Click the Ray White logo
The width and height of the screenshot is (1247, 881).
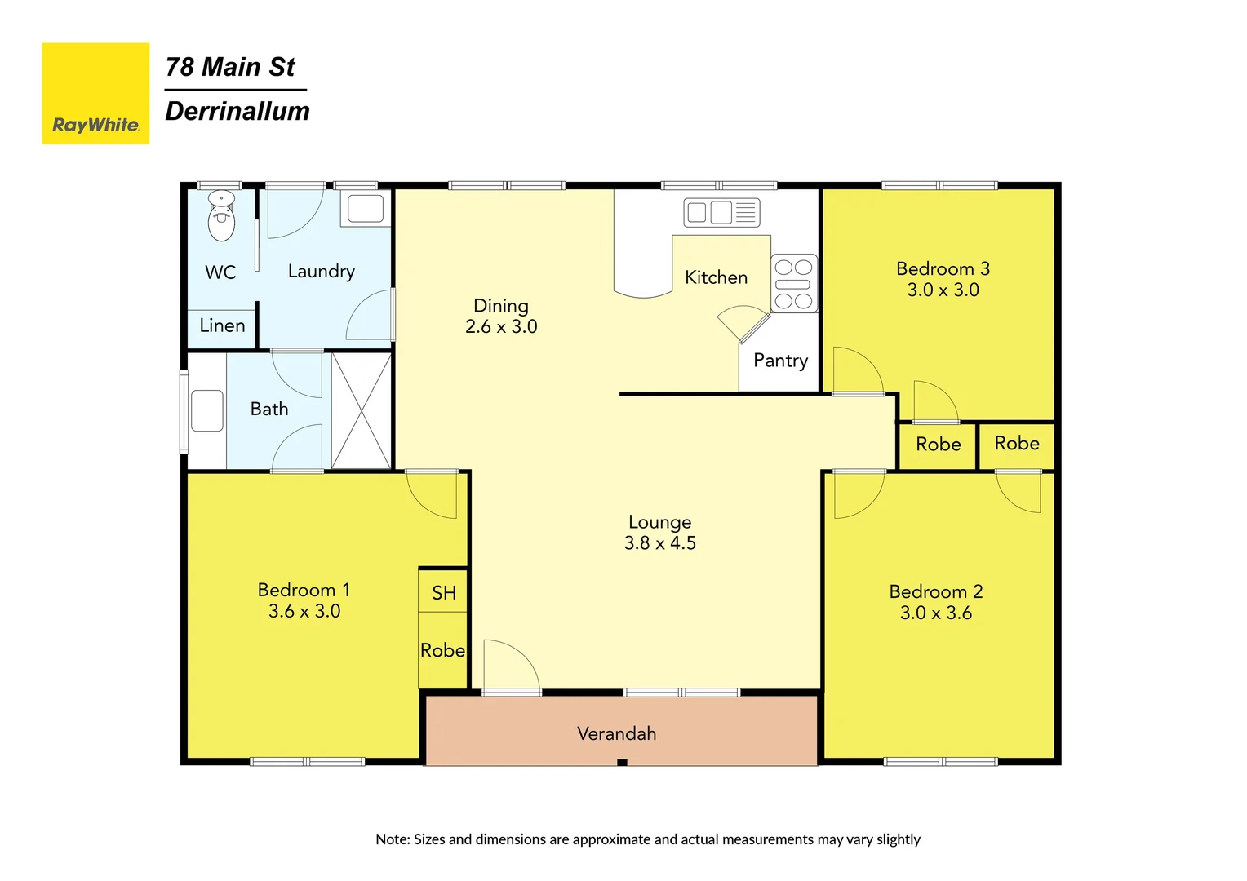95,94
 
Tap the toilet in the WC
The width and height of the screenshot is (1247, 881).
221,216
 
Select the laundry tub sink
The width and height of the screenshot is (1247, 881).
366,209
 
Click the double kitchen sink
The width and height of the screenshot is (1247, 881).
721,213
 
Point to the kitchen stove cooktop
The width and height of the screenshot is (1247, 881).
793,284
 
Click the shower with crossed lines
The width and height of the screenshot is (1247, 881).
362,410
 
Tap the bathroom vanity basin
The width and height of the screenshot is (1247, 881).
207,410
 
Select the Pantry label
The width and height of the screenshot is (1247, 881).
780,361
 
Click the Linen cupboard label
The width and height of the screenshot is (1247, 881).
222,325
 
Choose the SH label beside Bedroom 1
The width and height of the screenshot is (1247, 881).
444,593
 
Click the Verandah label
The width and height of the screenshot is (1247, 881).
616,733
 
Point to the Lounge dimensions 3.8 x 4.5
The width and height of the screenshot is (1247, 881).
659,543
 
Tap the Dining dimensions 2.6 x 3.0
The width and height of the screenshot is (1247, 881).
501,327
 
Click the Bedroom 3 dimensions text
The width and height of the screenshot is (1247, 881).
943,290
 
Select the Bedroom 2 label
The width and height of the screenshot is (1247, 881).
935,591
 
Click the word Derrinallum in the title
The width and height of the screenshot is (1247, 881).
237,112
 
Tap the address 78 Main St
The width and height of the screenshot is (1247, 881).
230,67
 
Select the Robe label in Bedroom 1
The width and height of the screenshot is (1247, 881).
442,650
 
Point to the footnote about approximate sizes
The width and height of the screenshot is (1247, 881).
647,839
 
